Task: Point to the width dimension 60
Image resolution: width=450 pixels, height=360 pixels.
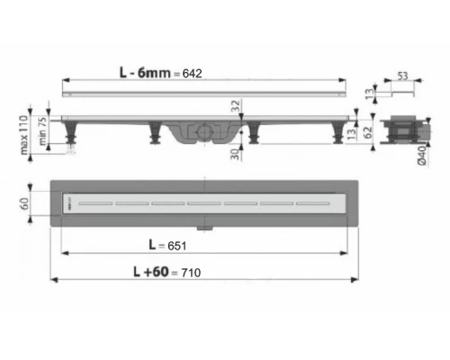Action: pos(37,203)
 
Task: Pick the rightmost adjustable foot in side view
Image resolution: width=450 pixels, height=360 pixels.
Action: pos(343,136)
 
